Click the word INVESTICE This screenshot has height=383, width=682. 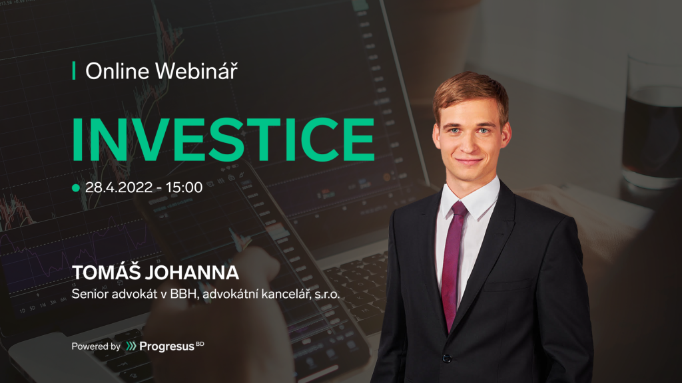223,139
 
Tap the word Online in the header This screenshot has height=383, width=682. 117,70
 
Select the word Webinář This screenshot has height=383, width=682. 196,70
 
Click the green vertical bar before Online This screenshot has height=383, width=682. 74,70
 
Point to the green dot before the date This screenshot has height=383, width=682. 76,188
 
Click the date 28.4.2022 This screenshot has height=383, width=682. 119,187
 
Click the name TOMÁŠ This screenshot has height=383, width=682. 106,272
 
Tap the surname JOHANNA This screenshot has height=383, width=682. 192,273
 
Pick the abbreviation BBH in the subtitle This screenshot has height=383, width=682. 184,294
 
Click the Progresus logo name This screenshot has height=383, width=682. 167,346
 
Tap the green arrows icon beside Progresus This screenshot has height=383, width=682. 131,346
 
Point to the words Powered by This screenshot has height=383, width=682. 96,346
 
